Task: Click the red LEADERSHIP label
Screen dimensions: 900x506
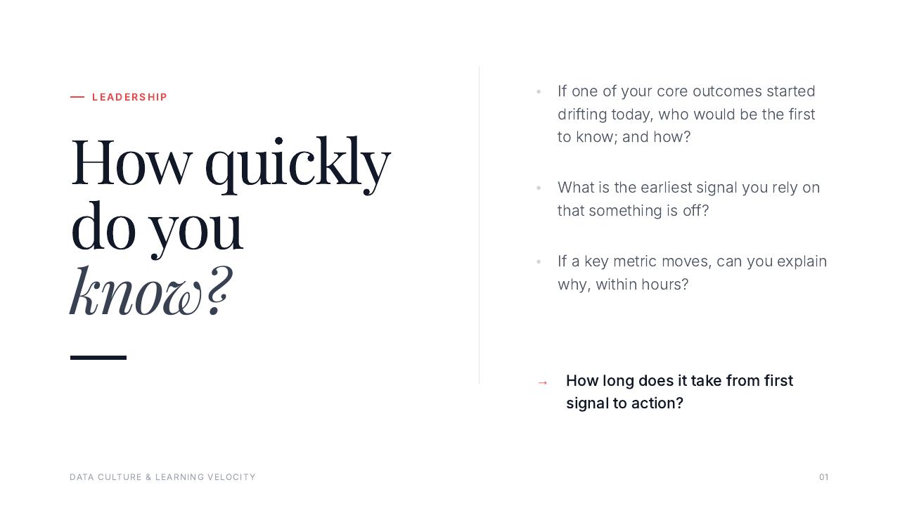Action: [x=129, y=97]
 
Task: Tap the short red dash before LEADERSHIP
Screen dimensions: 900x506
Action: [x=77, y=97]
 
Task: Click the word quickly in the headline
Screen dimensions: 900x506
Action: [x=297, y=164]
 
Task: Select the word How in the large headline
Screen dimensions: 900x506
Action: [x=131, y=162]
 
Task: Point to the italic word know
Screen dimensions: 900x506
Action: [x=136, y=290]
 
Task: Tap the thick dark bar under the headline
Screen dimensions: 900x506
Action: [x=98, y=358]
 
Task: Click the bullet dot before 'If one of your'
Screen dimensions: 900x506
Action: [x=539, y=92]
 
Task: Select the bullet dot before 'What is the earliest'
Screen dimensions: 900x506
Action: [x=539, y=188]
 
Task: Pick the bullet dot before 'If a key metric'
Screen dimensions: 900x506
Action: [x=539, y=262]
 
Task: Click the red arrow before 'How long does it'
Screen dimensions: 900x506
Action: [x=542, y=383]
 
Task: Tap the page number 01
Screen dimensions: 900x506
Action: [x=823, y=477]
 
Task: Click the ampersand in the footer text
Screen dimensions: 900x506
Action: [x=148, y=477]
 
